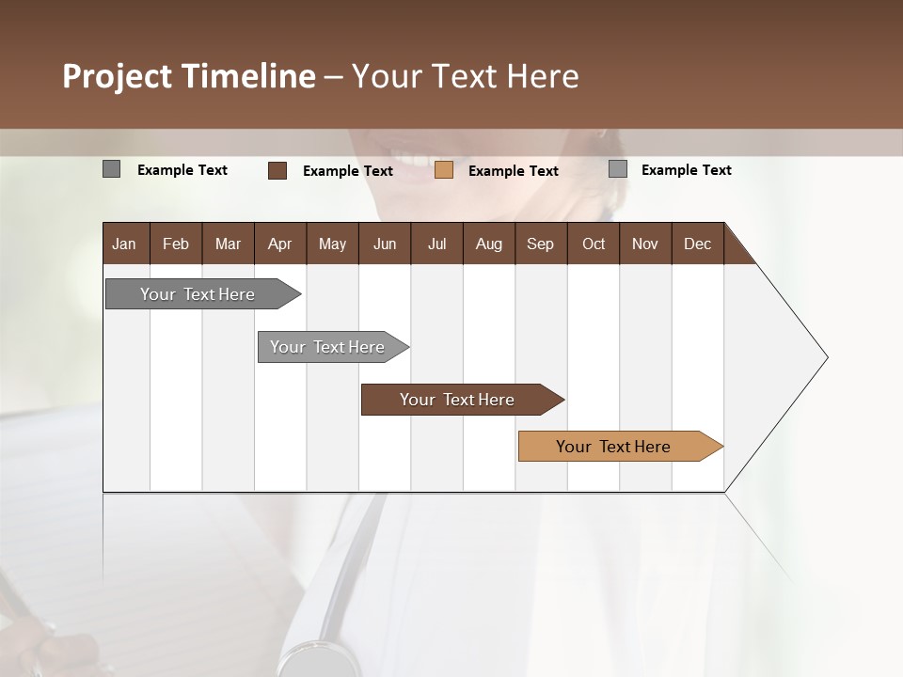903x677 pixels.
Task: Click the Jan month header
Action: click(x=125, y=244)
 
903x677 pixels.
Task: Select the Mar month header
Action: click(x=228, y=244)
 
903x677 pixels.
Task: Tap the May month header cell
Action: click(x=332, y=244)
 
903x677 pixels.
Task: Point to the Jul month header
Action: click(x=436, y=244)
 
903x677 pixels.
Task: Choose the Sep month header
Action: click(x=540, y=244)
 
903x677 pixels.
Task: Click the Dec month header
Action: click(x=697, y=244)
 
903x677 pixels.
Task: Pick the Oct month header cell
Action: click(x=594, y=244)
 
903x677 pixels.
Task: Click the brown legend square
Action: click(x=277, y=170)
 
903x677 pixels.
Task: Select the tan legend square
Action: click(x=444, y=170)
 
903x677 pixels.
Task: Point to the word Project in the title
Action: click(x=118, y=76)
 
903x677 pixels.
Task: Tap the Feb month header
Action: click(x=176, y=244)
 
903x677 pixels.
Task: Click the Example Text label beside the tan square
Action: click(x=513, y=171)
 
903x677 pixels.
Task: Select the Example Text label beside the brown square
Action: click(x=347, y=171)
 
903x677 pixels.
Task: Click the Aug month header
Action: click(x=488, y=244)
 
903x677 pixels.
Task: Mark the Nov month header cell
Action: click(x=644, y=244)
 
